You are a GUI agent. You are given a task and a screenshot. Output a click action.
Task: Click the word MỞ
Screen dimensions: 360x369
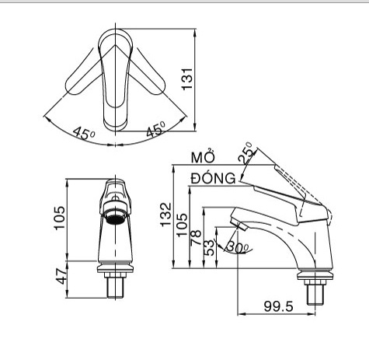[204, 158]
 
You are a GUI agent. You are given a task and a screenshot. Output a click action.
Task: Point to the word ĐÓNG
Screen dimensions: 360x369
[213, 178]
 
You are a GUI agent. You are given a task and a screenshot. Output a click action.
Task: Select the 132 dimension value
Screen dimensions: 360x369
[166, 215]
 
